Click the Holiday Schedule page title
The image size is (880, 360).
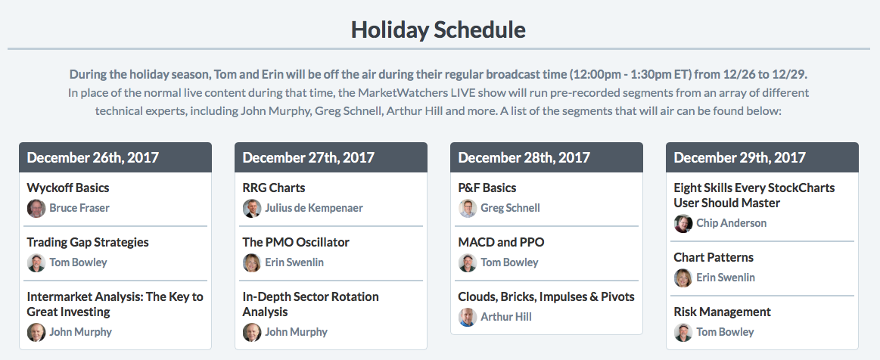438,29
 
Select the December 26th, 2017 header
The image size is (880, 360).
92,157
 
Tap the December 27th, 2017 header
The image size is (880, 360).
308,157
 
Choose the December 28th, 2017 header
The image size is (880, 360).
524,157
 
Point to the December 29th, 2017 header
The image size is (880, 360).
740,157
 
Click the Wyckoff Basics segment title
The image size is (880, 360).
68,188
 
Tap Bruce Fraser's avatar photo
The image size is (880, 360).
36,209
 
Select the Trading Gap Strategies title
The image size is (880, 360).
88,242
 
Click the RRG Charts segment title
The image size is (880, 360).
274,188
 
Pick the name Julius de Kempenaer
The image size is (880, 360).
314,208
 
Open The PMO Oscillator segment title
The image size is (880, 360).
296,242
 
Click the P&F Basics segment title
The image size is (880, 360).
487,188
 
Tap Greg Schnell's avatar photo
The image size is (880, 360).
468,209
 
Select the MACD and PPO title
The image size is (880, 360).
501,242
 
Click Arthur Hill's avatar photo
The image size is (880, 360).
468,318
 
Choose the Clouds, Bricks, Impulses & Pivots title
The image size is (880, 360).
546,296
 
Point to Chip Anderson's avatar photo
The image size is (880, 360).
683,224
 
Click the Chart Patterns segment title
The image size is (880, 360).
714,257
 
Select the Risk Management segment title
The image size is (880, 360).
723,312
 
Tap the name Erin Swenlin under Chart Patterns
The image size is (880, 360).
726,278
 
